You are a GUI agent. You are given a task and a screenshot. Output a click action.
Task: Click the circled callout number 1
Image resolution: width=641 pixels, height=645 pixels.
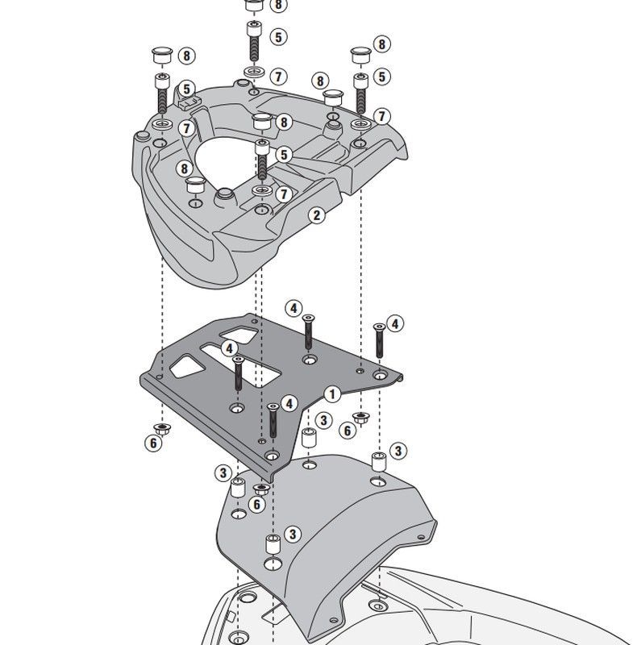tap(330, 393)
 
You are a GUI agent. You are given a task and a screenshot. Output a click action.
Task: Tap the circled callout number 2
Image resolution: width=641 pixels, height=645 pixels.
tap(317, 214)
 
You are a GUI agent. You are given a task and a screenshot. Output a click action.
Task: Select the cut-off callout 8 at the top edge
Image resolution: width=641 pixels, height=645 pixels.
tap(277, 6)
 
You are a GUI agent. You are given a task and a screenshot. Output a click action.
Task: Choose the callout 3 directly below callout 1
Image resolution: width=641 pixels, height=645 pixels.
tap(323, 420)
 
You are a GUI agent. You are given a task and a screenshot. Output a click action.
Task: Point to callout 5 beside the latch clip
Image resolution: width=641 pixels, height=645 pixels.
tap(186, 89)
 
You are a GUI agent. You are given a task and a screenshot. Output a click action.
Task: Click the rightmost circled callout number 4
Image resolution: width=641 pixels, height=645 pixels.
tap(395, 324)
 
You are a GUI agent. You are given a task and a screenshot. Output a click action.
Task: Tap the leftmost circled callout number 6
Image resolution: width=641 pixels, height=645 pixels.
tap(152, 442)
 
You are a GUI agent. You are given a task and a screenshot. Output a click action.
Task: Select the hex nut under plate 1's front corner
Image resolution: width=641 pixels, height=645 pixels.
tap(261, 489)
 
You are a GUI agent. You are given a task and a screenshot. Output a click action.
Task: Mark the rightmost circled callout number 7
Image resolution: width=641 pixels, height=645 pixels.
tap(381, 117)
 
